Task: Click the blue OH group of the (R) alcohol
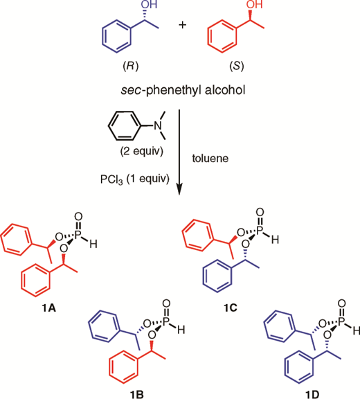[x=150, y=4]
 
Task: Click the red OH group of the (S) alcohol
[x=255, y=4]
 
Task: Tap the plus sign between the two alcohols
[x=183, y=25]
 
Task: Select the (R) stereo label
[x=131, y=66]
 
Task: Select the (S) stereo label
[x=237, y=66]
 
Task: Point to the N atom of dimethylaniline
[x=158, y=125]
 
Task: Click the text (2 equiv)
[x=142, y=152]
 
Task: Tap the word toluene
[x=210, y=158]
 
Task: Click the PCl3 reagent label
[x=111, y=179]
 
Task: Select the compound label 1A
[x=49, y=308]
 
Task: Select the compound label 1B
[x=137, y=395]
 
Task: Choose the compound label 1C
[x=231, y=308]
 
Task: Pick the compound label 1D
[x=312, y=395]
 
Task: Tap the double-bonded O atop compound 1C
[x=260, y=212]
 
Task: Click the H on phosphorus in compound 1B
[x=181, y=330]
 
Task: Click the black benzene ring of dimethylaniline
[x=125, y=125]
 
